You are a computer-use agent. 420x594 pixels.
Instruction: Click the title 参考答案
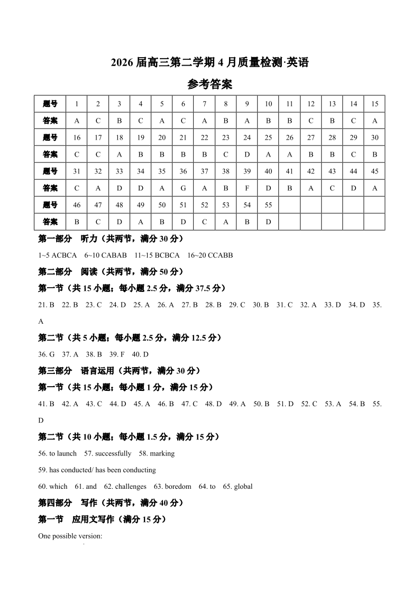210,84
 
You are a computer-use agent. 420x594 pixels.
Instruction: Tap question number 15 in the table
375,104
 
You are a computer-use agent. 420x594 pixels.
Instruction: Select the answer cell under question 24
247,154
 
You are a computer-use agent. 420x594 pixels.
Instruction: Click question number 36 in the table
183,171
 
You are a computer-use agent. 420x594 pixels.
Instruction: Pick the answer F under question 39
247,188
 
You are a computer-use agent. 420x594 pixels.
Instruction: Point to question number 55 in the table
268,205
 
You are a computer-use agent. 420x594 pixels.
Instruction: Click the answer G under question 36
183,188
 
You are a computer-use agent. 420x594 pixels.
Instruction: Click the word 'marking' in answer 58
162,453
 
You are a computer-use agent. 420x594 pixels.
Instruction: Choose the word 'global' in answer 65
243,486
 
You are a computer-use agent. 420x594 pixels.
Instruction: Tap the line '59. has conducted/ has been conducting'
97,470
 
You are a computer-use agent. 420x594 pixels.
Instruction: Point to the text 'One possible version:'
70,536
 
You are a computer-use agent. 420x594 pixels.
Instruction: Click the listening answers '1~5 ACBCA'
58,255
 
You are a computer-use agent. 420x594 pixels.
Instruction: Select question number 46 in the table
77,205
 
